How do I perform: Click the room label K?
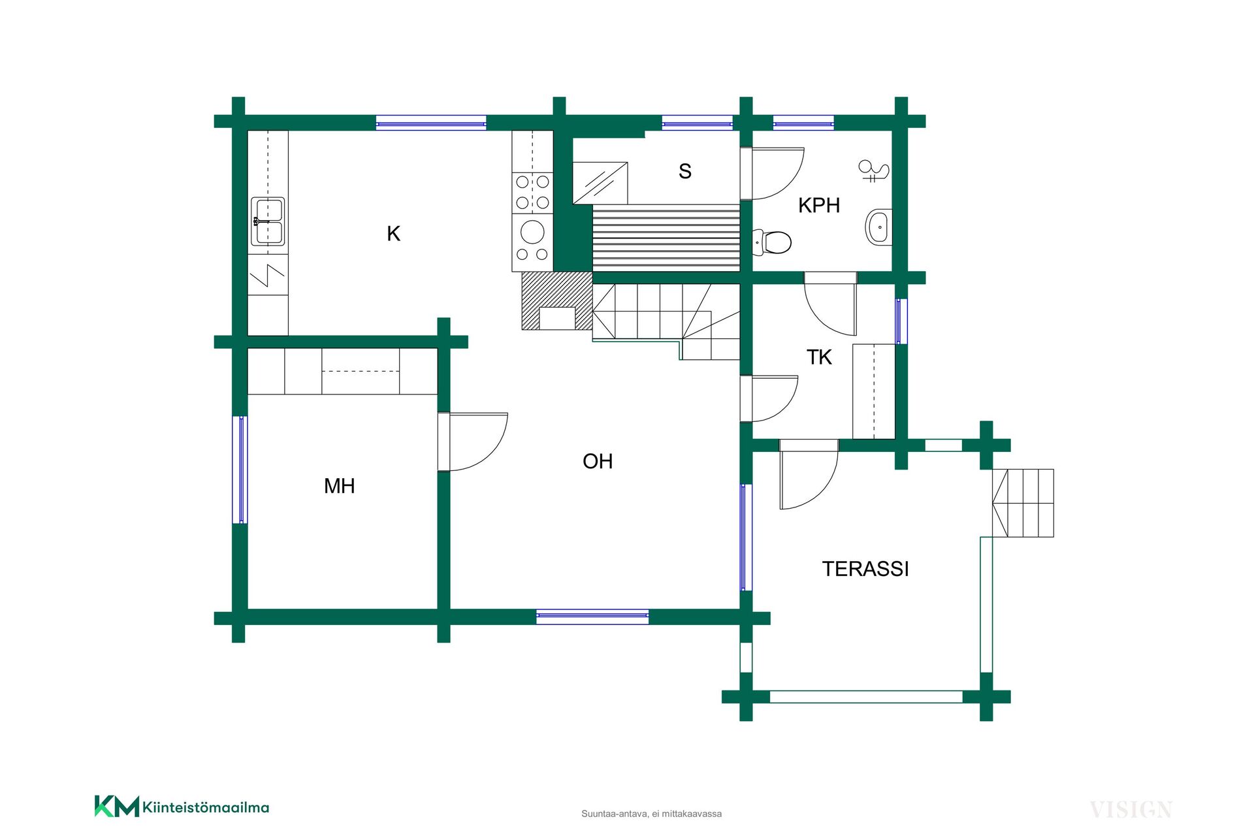click(x=393, y=234)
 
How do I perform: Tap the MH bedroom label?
click(x=340, y=486)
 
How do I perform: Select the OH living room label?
click(x=598, y=461)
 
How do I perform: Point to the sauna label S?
click(x=685, y=171)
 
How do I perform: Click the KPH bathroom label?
click(x=819, y=205)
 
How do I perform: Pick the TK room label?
click(x=819, y=357)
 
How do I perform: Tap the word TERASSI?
click(x=865, y=569)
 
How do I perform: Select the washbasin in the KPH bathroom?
click(x=878, y=227)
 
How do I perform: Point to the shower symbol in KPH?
click(x=873, y=171)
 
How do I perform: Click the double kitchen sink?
click(x=268, y=221)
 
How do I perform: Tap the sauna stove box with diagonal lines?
click(x=600, y=183)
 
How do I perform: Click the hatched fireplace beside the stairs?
click(x=557, y=301)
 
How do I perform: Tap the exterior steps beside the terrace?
click(x=1023, y=503)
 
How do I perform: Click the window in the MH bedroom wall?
click(x=240, y=470)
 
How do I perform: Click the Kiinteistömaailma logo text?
click(x=206, y=808)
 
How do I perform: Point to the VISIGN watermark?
click(x=1131, y=810)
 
